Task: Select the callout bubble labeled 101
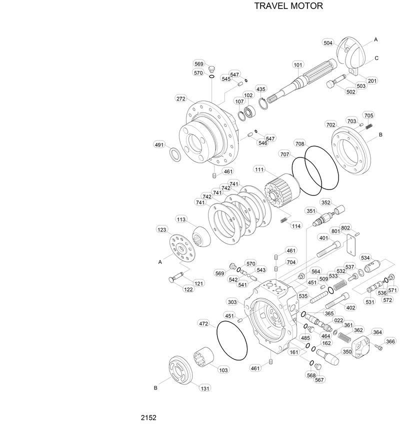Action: pos(298,64)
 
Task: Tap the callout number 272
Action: pos(181,98)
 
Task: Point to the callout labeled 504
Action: pos(328,43)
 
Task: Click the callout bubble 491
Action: pos(159,145)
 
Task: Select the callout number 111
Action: pos(259,169)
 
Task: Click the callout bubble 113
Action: pos(181,219)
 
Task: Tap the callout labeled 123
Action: pos(161,229)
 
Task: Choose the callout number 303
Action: pos(232,302)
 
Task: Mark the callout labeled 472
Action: pos(203,323)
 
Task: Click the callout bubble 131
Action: pos(205,388)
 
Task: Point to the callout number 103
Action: pos(223,370)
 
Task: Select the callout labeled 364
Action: pos(377,332)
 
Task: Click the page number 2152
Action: pos(148,417)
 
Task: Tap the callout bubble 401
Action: pos(323,238)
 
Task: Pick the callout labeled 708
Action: pos(299,143)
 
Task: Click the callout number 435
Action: pos(261,89)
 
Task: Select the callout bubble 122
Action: pos(188,289)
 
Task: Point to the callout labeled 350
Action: pos(347,352)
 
